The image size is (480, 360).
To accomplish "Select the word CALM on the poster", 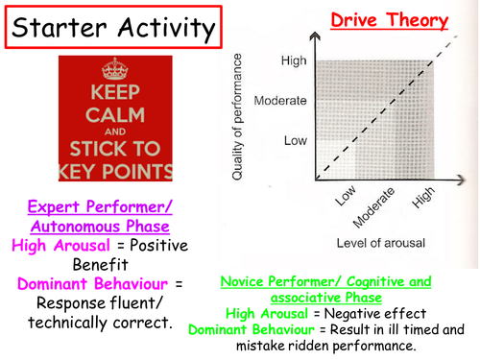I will pyautogui.click(x=117, y=115).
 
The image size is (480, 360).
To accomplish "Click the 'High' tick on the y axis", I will pyautogui.click(x=294, y=61).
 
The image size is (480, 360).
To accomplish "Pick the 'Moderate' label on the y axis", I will pyautogui.click(x=279, y=100).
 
